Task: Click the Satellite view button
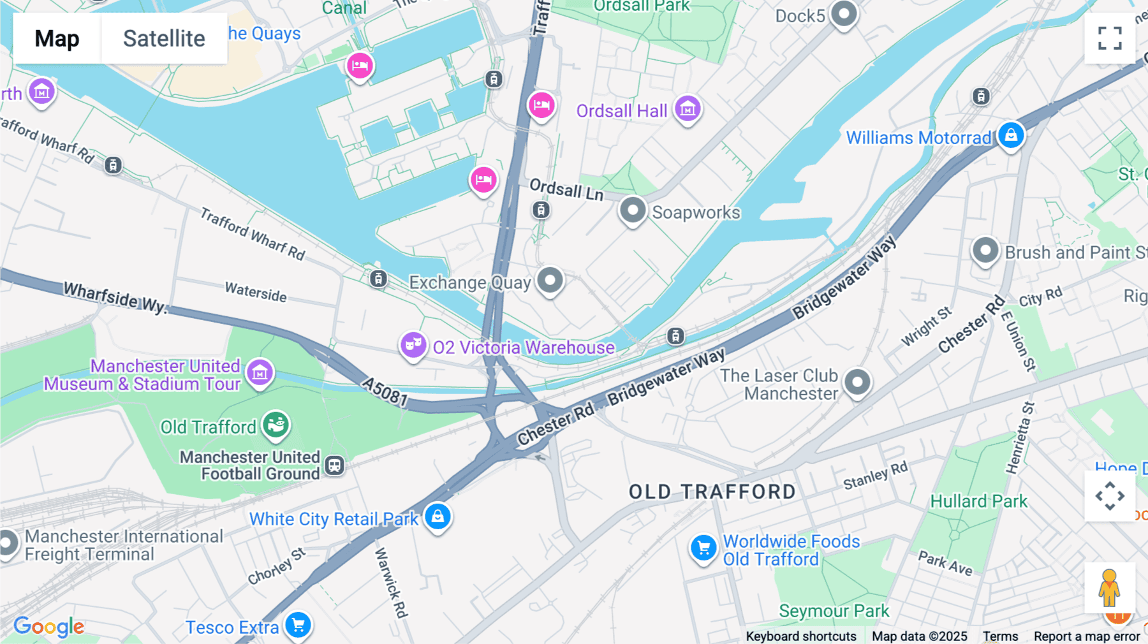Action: [164, 38]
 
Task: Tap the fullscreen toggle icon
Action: [1110, 38]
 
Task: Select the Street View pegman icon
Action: [1109, 588]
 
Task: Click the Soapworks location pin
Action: [633, 210]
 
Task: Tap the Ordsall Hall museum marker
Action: [688, 109]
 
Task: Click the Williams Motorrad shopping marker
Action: [1011, 135]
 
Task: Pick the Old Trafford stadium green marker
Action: [276, 424]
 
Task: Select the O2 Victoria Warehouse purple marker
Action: [413, 345]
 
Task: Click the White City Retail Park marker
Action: [438, 516]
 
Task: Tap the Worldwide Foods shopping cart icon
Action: [703, 548]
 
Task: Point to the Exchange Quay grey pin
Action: [550, 280]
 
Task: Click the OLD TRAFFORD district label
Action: [712, 492]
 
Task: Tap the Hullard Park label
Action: [978, 501]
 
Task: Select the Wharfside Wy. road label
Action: [115, 298]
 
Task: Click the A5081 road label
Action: [385, 391]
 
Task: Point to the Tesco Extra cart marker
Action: [298, 625]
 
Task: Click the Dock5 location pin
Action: [844, 13]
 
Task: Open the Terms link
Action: [1000, 636]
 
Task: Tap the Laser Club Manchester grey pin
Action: [857, 383]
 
